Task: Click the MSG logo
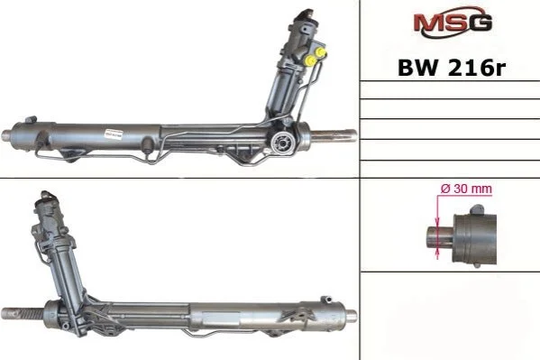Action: click(x=453, y=22)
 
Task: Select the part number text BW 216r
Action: click(x=451, y=68)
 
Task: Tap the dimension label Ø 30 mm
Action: click(x=466, y=189)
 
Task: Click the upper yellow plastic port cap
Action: click(x=322, y=52)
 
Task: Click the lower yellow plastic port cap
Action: click(x=311, y=61)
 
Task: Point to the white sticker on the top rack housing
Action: click(x=114, y=134)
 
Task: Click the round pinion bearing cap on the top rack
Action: click(x=282, y=143)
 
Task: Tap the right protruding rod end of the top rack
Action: click(x=334, y=134)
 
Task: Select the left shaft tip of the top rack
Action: click(x=7, y=134)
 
